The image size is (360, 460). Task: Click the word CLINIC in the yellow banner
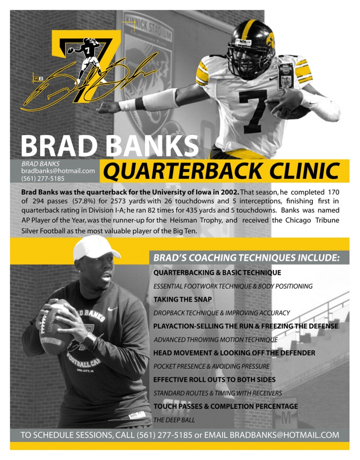[x=304, y=171]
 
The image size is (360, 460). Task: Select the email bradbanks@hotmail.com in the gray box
[x=58, y=171]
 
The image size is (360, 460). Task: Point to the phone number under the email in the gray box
[x=43, y=178]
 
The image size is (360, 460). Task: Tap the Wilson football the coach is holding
[x=55, y=327]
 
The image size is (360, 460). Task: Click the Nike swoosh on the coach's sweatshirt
[x=113, y=309]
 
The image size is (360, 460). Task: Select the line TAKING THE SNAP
[x=182, y=299]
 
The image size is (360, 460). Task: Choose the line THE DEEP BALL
[x=174, y=420]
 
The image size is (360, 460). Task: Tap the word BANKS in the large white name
[x=152, y=146]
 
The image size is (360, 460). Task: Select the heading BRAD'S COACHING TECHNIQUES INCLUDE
[x=246, y=257]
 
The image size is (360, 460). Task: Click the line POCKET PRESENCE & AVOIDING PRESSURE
[x=211, y=366]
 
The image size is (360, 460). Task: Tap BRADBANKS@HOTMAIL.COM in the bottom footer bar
[x=285, y=435]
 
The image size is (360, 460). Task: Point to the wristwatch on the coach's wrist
[x=89, y=340]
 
